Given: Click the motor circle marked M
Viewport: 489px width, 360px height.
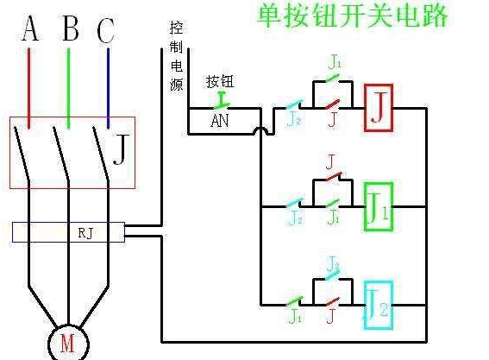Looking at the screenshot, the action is [49, 344].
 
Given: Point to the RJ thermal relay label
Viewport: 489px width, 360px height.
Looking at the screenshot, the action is [85, 232].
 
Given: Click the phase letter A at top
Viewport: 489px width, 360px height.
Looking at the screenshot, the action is [30, 28].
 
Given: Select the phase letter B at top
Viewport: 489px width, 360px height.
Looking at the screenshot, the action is [71, 28].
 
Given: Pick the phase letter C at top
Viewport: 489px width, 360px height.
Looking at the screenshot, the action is [105, 30].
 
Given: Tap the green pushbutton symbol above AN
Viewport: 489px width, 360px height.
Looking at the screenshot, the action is [221, 100].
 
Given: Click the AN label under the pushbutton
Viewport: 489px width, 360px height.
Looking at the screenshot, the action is [220, 121].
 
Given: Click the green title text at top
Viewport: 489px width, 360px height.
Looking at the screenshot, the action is [353, 15].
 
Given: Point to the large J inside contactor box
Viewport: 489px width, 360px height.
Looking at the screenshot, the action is [121, 149].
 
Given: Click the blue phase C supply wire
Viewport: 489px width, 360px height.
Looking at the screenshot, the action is [108, 88].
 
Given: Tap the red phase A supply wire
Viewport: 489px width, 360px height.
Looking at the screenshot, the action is [29, 88].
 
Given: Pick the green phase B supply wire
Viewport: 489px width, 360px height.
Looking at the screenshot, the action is [68, 88].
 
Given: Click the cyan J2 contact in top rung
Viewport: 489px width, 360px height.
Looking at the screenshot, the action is [294, 104].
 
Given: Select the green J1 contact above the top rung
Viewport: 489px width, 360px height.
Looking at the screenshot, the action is [332, 78].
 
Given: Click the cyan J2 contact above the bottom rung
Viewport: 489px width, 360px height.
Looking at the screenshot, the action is [332, 275].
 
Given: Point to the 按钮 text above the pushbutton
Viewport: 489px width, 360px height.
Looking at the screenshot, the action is [220, 81].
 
